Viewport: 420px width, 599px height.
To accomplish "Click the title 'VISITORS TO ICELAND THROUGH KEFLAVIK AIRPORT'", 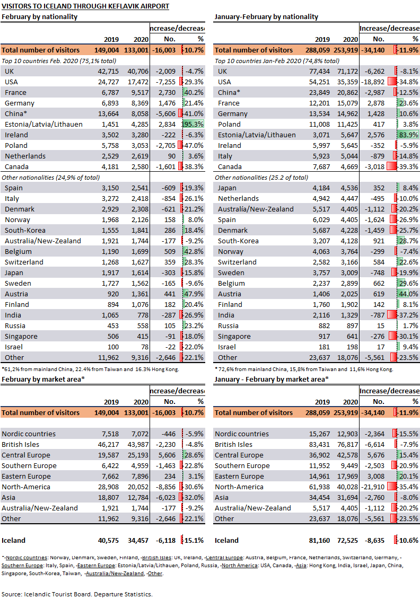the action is pos(85,6).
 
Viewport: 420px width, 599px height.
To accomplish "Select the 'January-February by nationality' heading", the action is pos(266,17).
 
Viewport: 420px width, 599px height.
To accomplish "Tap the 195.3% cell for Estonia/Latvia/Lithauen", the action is pos(193,124).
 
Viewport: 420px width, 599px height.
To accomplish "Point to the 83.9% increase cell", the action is pos(408,135).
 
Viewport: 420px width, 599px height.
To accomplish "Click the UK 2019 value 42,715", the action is pos(108,72).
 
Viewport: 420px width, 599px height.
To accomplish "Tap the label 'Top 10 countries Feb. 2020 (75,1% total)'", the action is pos(59,61).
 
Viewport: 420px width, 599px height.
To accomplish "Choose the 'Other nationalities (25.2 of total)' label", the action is pos(261,178).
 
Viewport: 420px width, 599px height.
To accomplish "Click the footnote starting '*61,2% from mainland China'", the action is pos(90,369).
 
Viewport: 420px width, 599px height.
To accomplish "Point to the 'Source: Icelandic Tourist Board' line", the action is pos(77,594).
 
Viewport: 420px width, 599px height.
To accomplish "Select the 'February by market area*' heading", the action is pos(43,380).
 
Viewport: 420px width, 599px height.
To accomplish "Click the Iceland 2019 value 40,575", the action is pos(108,541).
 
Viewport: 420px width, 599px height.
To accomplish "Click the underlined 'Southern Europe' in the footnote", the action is pos(22,566).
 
